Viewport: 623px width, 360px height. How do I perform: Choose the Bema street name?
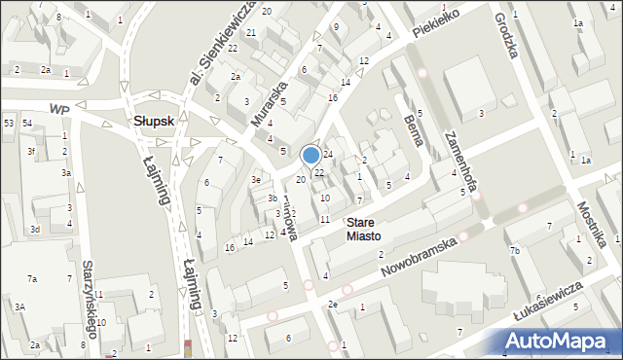click(x=412, y=128)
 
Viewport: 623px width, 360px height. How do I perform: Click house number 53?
click(x=9, y=123)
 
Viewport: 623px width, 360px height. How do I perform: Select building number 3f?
click(x=31, y=152)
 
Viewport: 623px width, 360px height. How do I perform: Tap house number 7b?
click(x=514, y=251)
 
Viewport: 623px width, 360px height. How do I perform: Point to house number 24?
click(x=329, y=155)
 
